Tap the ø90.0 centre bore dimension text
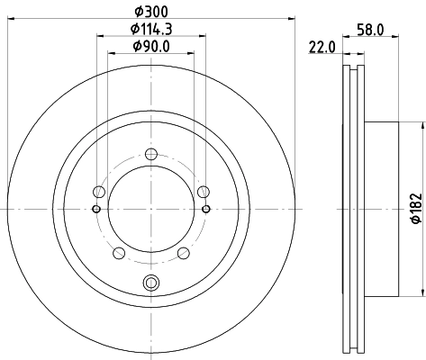click(x=150, y=47)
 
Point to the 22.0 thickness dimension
click(x=322, y=48)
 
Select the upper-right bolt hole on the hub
click(x=204, y=191)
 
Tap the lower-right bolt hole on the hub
click(x=183, y=253)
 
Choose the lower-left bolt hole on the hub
click(x=118, y=253)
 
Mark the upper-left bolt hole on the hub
click(x=98, y=191)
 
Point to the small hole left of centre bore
click(x=95, y=209)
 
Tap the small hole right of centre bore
click(x=206, y=209)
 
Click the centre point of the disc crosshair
click(x=150, y=209)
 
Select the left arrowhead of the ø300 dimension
click(x=9, y=19)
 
